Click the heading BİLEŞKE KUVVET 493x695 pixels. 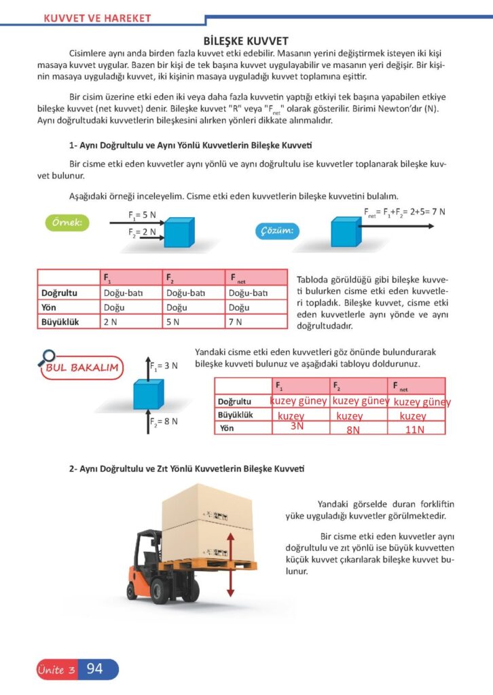(246, 41)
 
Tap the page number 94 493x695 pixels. (95, 669)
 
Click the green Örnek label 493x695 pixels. (68, 223)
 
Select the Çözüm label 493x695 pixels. (276, 231)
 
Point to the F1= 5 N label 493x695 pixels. (142, 216)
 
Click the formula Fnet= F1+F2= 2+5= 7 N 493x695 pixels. (405, 212)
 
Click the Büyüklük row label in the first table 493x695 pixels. (60, 322)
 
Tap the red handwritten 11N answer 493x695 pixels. (414, 430)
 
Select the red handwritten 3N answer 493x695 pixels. (297, 427)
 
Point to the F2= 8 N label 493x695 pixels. (164, 421)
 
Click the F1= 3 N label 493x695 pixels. (164, 366)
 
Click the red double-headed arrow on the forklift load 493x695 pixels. (231, 564)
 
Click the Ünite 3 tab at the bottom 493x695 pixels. (56, 670)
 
